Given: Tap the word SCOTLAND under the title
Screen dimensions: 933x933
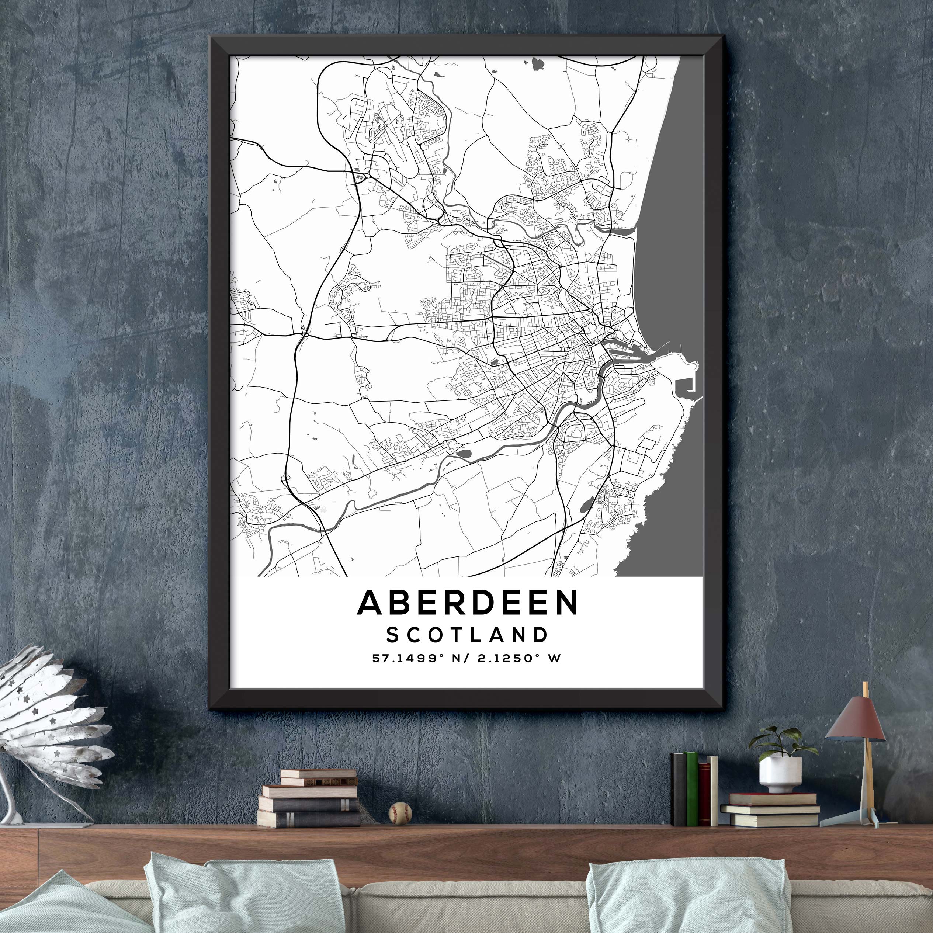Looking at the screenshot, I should (x=468, y=635).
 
